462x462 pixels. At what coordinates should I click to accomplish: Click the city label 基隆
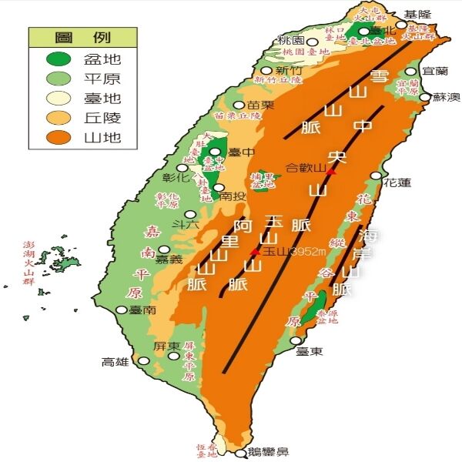click(419, 14)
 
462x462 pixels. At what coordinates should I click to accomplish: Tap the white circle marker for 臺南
click(121, 310)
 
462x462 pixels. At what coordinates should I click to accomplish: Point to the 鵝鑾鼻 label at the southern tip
click(269, 454)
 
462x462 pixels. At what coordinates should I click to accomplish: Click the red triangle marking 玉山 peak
click(255, 251)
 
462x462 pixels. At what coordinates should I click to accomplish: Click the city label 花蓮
click(397, 183)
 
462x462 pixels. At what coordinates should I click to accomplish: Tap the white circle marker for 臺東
click(296, 340)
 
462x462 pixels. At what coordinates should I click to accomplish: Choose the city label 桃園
click(292, 40)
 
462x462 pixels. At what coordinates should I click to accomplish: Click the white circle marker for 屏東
click(173, 355)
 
